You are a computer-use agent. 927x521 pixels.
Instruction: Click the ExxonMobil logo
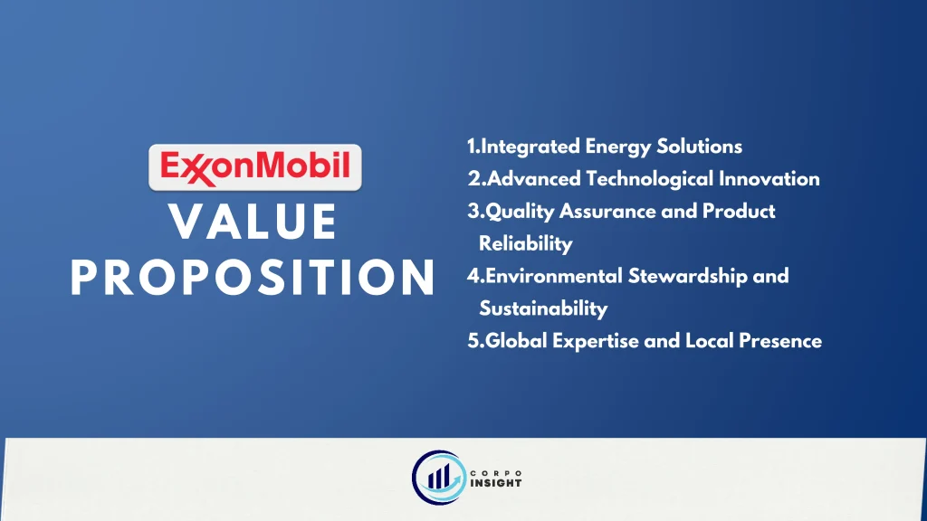point(254,167)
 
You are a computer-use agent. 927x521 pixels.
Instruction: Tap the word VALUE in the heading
point(253,223)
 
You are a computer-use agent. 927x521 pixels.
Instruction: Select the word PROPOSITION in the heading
point(253,277)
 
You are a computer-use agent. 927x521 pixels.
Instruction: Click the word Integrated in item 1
point(530,147)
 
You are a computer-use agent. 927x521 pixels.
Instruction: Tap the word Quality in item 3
point(520,212)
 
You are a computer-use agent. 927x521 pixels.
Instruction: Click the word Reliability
point(526,244)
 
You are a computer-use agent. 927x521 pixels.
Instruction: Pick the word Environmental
point(553,276)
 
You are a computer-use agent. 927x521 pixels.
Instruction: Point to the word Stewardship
point(688,277)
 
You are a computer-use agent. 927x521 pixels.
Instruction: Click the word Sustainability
point(543,308)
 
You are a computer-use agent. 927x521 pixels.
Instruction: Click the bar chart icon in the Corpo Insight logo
point(439,477)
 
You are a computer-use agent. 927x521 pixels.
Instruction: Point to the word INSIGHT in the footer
point(496,483)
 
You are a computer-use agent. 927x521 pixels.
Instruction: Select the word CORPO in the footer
point(496,473)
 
